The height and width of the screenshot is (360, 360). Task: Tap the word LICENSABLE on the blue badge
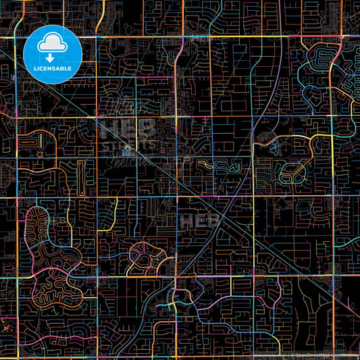point(53,69)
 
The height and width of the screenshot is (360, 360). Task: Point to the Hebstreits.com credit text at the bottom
point(270,355)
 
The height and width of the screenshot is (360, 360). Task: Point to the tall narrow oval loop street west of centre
point(80,175)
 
